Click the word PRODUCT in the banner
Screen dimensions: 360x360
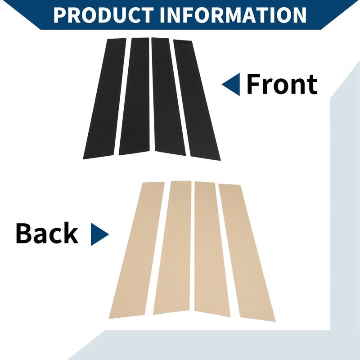(103, 15)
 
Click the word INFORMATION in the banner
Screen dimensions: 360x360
(233, 15)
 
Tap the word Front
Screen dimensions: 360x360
(282, 84)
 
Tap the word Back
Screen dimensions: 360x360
(47, 233)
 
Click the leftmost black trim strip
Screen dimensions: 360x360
(105, 99)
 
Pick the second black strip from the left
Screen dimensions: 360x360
(134, 96)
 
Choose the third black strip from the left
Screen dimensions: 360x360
(168, 96)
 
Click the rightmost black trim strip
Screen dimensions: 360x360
(197, 100)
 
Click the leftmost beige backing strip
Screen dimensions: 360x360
(137, 250)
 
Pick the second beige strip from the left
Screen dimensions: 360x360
(173, 247)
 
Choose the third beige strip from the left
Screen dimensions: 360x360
(211, 249)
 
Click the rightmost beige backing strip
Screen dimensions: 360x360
(247, 252)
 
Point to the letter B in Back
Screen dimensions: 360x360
(23, 233)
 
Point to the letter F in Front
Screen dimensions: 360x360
(253, 84)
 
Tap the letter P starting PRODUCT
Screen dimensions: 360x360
(60, 15)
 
